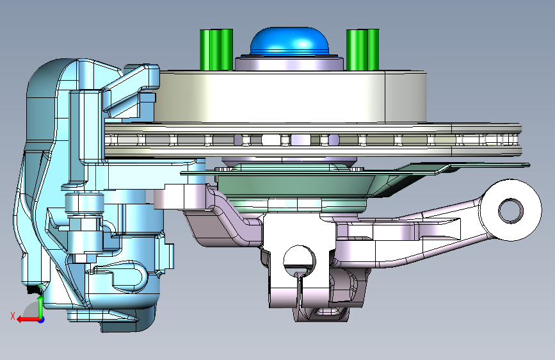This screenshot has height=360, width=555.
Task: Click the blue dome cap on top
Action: [x=289, y=42]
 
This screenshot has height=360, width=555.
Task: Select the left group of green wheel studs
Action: [x=216, y=49]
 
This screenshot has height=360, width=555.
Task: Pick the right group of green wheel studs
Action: [x=362, y=49]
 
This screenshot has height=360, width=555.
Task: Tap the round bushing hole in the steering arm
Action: [x=511, y=211]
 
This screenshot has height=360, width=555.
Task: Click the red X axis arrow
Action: [x=28, y=320]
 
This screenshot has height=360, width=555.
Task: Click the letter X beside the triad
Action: [x=13, y=316]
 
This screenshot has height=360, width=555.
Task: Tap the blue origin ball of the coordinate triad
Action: [x=42, y=320]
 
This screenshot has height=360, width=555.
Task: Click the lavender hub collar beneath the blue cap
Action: [x=289, y=64]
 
